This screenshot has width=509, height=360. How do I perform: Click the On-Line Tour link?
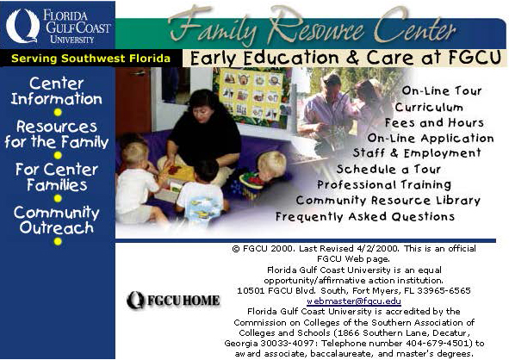coord(442,90)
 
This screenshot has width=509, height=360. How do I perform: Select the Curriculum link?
coord(429,107)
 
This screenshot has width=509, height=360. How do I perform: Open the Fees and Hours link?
coord(434,122)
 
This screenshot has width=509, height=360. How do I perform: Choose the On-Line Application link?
coord(431,138)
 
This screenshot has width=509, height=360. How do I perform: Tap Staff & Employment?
coord(417,153)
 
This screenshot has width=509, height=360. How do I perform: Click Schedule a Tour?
coord(388,169)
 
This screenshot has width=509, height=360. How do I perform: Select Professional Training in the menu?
coord(384,184)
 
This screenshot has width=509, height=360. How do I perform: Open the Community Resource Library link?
coord(388,201)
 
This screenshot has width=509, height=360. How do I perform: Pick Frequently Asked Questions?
coord(365,216)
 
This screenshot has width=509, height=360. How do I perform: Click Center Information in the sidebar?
coord(57,91)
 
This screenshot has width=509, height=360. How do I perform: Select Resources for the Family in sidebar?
coord(57,134)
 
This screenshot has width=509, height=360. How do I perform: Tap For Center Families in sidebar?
coord(57,177)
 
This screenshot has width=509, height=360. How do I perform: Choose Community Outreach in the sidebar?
coord(57,220)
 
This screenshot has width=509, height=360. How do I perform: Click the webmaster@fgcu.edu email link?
coord(354,301)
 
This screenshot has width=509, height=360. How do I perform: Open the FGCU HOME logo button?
coord(173,300)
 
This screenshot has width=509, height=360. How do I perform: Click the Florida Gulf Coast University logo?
coord(58,26)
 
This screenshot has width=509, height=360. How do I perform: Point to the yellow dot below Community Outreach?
coord(58,241)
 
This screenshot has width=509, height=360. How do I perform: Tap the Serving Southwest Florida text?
coord(90,59)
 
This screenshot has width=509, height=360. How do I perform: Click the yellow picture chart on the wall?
coord(250,94)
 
